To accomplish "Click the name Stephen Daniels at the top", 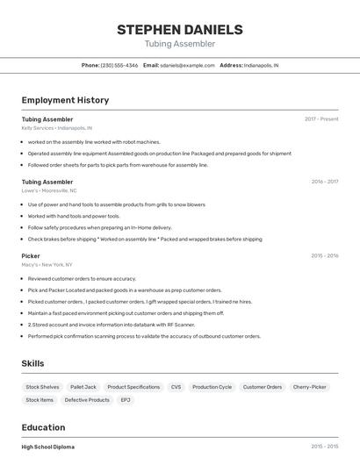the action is coord(179,29).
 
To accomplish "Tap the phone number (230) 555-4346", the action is coord(119,65).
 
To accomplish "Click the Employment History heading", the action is coord(65,100).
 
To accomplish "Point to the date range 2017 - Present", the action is coord(321,119).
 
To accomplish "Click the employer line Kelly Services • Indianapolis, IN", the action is coord(57,128).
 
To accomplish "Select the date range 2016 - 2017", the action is coord(324,182).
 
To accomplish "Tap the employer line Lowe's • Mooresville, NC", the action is coord(49,190).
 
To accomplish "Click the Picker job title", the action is coord(31,256).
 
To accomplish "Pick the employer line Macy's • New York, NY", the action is coord(47,264).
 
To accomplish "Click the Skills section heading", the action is coord(33,363).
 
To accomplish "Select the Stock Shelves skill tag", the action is coord(42,387).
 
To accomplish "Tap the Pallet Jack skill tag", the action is coord(83,387).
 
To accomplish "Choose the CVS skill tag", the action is coord(176,387).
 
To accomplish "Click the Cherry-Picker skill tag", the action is coord(309,387).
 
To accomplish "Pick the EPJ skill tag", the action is coord(126,400).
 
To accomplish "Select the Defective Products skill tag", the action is coord(87,400).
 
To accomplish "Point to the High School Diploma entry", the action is coord(48,447).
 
